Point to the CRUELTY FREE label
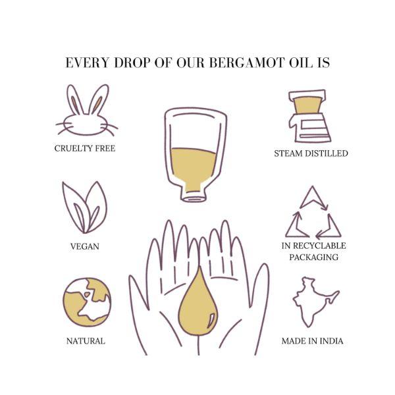[x=84, y=149]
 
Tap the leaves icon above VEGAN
[x=84, y=207]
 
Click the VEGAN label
[x=84, y=247]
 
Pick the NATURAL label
[x=86, y=341]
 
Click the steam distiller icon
[x=309, y=117]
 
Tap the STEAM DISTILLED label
[x=311, y=153]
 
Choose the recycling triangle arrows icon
[x=313, y=214]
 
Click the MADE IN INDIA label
[x=312, y=341]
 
